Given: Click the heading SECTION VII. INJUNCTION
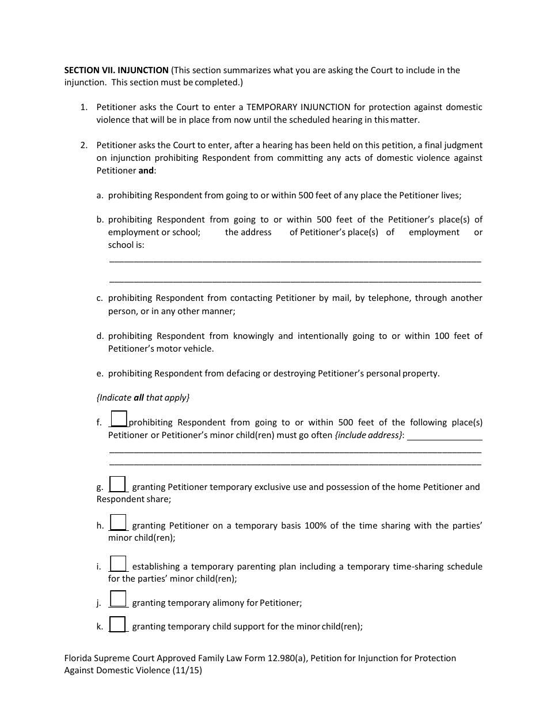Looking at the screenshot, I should pos(116,70).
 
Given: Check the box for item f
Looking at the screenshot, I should pos(119,418).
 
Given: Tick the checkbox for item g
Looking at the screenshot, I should pos(117,484).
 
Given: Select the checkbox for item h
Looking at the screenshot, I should pos(118,522).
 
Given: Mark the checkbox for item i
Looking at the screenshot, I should pos(118,563).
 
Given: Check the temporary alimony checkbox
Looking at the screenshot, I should pos(118,599).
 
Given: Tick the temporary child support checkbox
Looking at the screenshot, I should pos(117,624).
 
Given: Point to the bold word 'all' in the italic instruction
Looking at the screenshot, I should pos(138,398).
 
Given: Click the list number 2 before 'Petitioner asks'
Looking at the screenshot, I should pos(83,145).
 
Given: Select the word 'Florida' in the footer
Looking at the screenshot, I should pos(79,658).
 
